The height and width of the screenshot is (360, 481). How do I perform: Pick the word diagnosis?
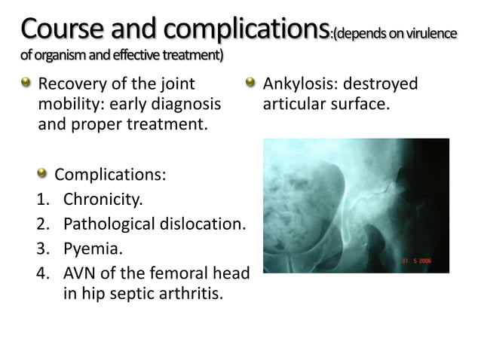click(188, 102)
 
